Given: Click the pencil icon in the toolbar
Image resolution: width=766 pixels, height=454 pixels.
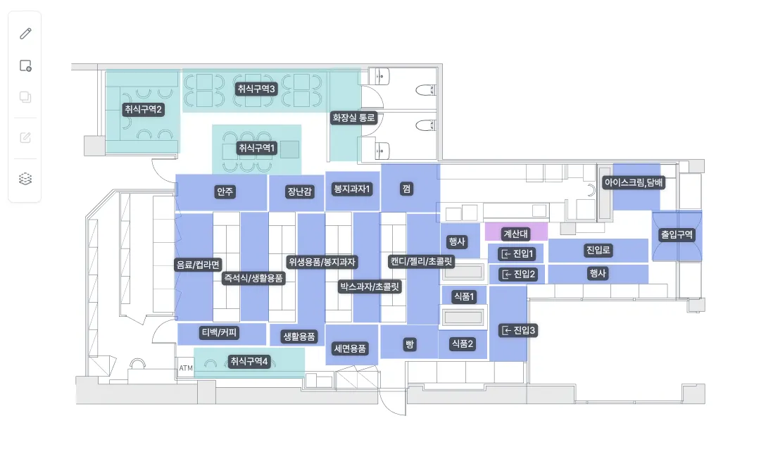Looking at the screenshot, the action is click(x=25, y=33).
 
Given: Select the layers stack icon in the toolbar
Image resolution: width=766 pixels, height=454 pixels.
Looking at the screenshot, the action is click(x=25, y=179).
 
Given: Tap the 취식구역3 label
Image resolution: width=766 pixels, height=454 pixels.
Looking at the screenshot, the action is click(x=256, y=89).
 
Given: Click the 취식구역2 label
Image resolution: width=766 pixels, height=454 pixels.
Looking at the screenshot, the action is click(x=143, y=109).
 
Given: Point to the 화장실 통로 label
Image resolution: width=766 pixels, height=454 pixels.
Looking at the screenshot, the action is click(x=353, y=118).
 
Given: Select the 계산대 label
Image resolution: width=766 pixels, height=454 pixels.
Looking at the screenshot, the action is click(x=516, y=234).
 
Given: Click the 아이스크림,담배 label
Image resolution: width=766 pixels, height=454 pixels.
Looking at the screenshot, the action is click(x=634, y=182).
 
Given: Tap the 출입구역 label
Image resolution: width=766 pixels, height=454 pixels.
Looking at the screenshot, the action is click(x=677, y=235).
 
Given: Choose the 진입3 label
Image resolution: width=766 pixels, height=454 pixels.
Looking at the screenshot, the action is click(x=518, y=331).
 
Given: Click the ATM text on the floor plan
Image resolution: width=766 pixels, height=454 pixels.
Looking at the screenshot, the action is click(x=186, y=368).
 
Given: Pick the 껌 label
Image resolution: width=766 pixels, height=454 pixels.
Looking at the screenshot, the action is click(x=406, y=189).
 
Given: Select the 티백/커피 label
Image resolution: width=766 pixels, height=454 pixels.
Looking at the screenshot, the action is click(x=220, y=333).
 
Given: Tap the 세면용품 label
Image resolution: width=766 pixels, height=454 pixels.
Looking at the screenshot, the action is click(x=350, y=348).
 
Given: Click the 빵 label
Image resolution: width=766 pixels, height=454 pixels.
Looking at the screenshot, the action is click(x=409, y=345).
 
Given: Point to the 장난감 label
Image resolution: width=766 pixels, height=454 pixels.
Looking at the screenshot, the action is click(x=299, y=192).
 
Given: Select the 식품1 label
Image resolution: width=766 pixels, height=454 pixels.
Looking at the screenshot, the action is click(x=464, y=296).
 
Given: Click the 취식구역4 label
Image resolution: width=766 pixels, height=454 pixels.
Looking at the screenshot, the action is click(x=249, y=361).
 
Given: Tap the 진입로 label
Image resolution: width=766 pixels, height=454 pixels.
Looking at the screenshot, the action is click(x=598, y=251).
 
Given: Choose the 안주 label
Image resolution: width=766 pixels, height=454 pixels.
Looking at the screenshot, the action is click(x=225, y=192).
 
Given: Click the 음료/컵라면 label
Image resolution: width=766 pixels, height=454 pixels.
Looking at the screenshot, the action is click(x=198, y=265).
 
